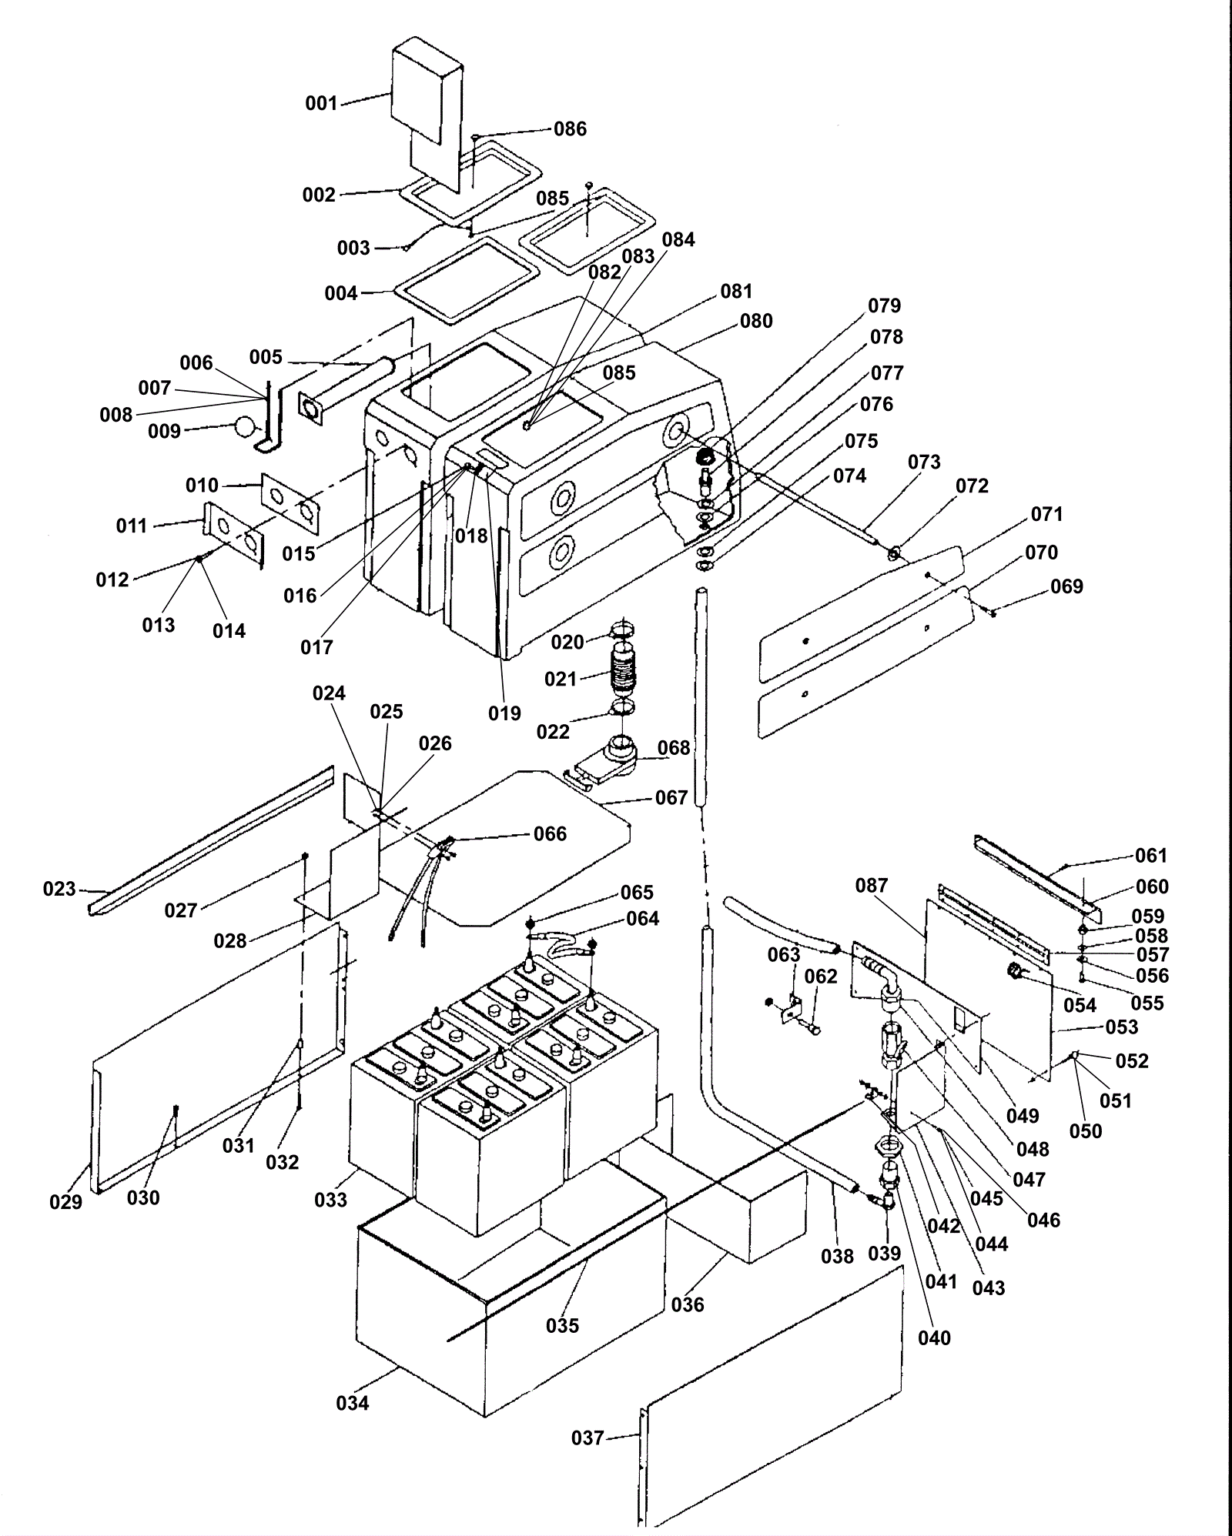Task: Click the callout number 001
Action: click(x=322, y=103)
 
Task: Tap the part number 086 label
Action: click(x=570, y=129)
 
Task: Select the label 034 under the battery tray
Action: click(x=353, y=1403)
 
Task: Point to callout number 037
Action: click(x=588, y=1437)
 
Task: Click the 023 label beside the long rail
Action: click(x=59, y=890)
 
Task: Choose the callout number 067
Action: click(x=671, y=798)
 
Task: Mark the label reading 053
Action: click(x=1121, y=1027)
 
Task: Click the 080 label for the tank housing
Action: click(x=756, y=321)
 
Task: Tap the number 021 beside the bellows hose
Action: click(x=561, y=679)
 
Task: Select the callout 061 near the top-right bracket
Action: click(x=1152, y=856)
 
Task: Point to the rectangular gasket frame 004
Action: click(x=465, y=280)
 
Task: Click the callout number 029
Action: click(x=65, y=1201)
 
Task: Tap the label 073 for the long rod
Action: click(x=924, y=462)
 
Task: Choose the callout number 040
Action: click(x=934, y=1338)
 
